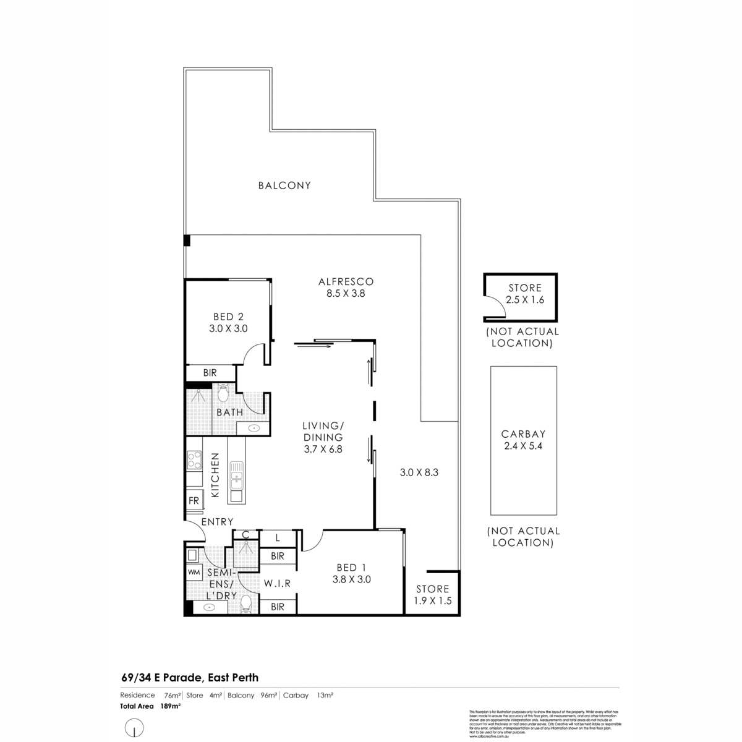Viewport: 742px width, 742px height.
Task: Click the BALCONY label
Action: pyautogui.click(x=284, y=185)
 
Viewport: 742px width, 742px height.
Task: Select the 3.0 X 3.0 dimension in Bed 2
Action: pyautogui.click(x=228, y=329)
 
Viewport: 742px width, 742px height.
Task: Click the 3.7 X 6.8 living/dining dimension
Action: pyautogui.click(x=323, y=450)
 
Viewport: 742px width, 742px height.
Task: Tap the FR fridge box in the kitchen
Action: pyautogui.click(x=194, y=501)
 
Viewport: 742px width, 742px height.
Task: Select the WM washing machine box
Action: pyautogui.click(x=194, y=573)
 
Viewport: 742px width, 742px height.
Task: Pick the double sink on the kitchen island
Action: pyautogui.click(x=236, y=476)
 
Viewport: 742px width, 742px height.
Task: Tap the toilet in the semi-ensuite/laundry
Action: pyautogui.click(x=246, y=602)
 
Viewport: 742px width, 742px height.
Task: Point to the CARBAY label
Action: pyautogui.click(x=523, y=434)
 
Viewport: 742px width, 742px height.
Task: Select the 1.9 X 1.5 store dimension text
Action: pyautogui.click(x=432, y=600)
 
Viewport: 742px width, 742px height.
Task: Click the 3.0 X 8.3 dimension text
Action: pyautogui.click(x=419, y=472)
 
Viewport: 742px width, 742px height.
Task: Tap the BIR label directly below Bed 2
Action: pyautogui.click(x=210, y=373)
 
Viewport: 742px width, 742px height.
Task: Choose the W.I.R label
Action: pyautogui.click(x=276, y=583)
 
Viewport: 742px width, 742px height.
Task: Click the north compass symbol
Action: pyautogui.click(x=134, y=728)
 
